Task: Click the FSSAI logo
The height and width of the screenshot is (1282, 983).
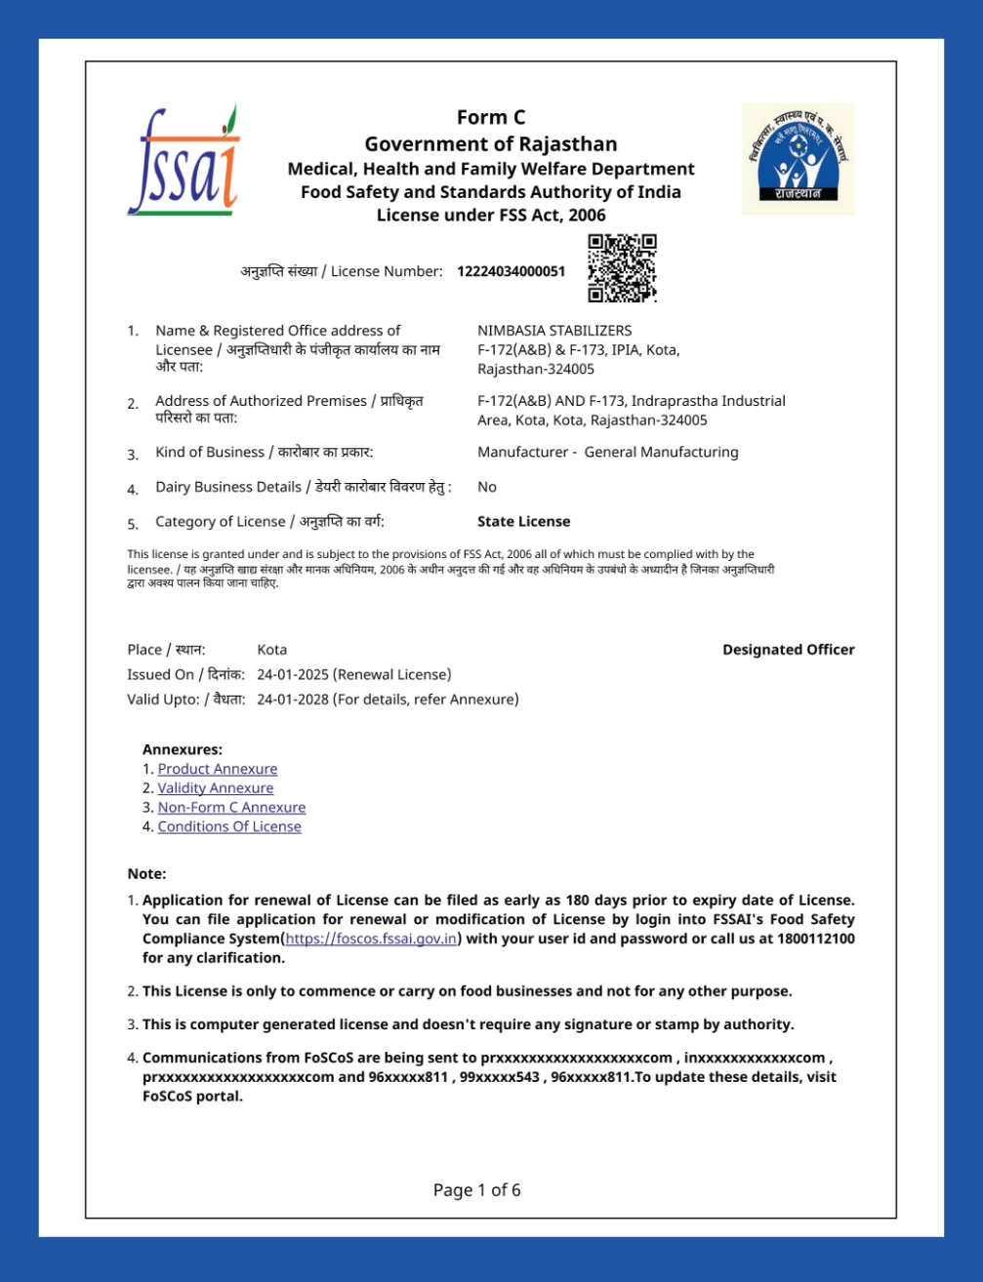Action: (184, 162)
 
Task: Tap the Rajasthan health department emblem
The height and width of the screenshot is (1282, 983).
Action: (798, 158)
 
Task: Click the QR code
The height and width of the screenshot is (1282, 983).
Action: (622, 268)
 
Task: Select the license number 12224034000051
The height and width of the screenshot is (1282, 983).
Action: (511, 271)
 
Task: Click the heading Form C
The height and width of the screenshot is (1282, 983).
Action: (491, 118)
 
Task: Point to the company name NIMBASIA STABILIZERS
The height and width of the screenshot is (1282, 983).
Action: (554, 331)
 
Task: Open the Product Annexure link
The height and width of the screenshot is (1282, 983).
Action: (218, 769)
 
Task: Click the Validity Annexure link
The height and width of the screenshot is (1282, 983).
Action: (216, 788)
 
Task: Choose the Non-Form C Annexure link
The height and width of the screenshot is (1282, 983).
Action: (231, 807)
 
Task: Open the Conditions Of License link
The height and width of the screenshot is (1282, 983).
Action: (229, 826)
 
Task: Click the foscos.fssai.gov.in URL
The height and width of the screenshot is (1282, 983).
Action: (371, 939)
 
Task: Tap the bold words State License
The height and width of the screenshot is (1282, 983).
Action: (523, 522)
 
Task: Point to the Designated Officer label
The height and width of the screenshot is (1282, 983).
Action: (788, 650)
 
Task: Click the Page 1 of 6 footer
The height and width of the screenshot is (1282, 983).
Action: (476, 1190)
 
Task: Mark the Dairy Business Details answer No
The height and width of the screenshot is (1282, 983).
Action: (486, 487)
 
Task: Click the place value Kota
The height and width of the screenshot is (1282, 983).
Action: (271, 650)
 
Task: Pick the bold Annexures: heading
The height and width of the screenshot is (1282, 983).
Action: (183, 750)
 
